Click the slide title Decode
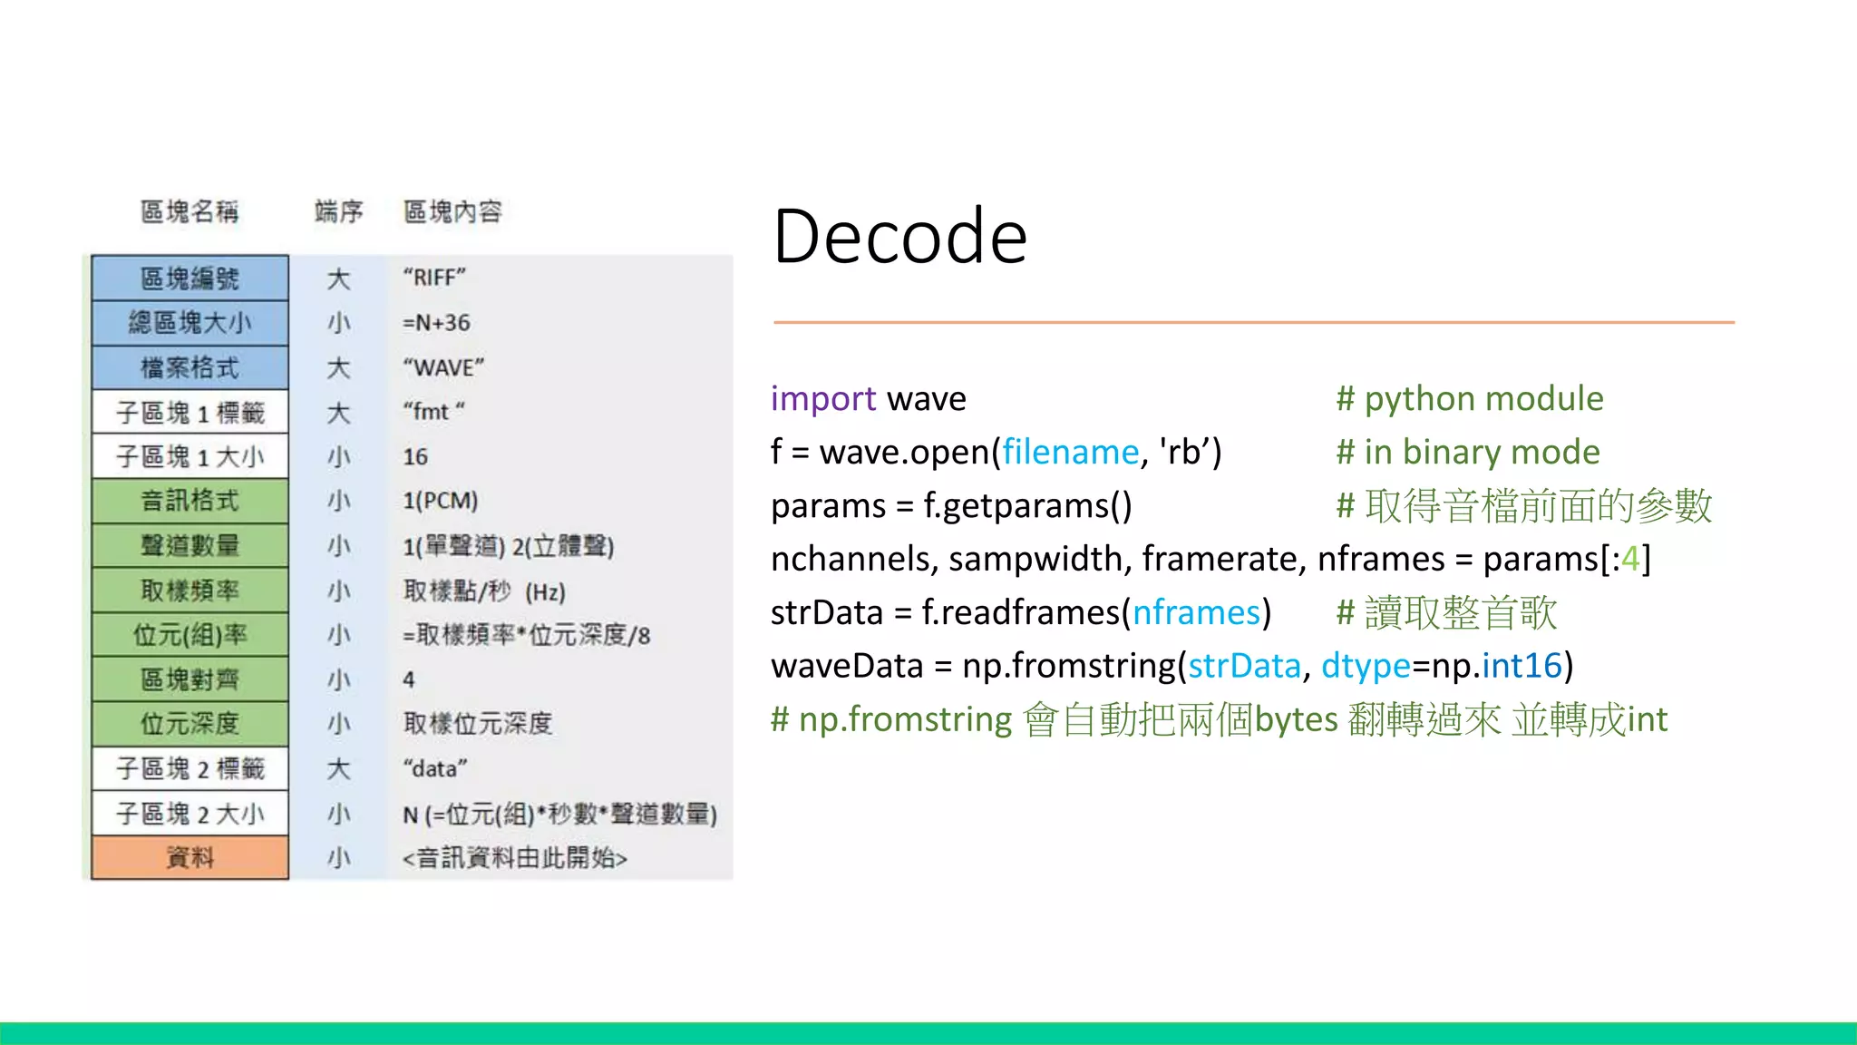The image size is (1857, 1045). pos(899,237)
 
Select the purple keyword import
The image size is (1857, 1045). pos(823,399)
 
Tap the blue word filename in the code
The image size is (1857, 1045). pos(1070,452)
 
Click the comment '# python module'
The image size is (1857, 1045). pos(1469,399)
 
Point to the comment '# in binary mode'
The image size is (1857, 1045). pos(1467,452)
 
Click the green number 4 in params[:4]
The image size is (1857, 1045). pos(1630,559)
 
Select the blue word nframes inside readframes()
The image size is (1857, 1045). pos(1196,613)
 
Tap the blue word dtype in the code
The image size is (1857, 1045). pos(1366,666)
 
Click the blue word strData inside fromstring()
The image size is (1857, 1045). pos(1244,666)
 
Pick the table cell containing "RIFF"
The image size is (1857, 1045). pos(434,278)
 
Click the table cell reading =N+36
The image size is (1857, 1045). pos(436,323)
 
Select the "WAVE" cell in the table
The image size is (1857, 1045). pos(443,367)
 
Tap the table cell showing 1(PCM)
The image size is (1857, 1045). pos(441,501)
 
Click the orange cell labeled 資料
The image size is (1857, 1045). pos(190,857)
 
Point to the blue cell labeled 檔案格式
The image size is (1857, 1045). pos(190,367)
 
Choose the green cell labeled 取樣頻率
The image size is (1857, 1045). pos(190,591)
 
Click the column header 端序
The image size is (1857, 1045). pos(338,211)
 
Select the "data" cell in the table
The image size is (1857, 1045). pos(435,768)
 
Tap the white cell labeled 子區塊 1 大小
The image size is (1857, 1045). pos(190,456)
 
